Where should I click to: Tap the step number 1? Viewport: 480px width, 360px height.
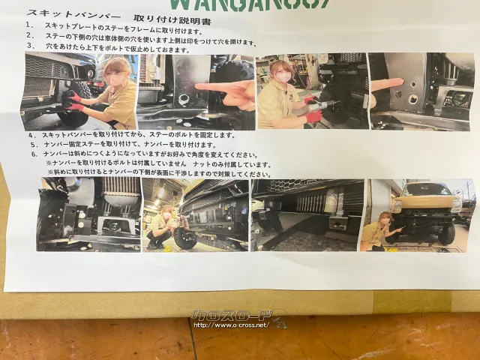pyautogui.click(x=28, y=24)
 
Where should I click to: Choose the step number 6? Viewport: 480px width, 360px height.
pyautogui.click(x=34, y=154)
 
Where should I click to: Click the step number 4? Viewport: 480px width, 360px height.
pyautogui.click(x=34, y=135)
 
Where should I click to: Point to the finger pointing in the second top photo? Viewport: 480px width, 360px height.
pyautogui.click(x=225, y=87)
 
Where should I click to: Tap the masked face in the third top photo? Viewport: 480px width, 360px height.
pyautogui.click(x=283, y=75)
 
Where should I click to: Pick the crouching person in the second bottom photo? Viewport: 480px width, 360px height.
pyautogui.click(x=161, y=229)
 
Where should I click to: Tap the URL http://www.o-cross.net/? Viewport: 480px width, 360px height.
pyautogui.click(x=230, y=325)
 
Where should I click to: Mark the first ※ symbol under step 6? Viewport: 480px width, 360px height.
pyautogui.click(x=49, y=163)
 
